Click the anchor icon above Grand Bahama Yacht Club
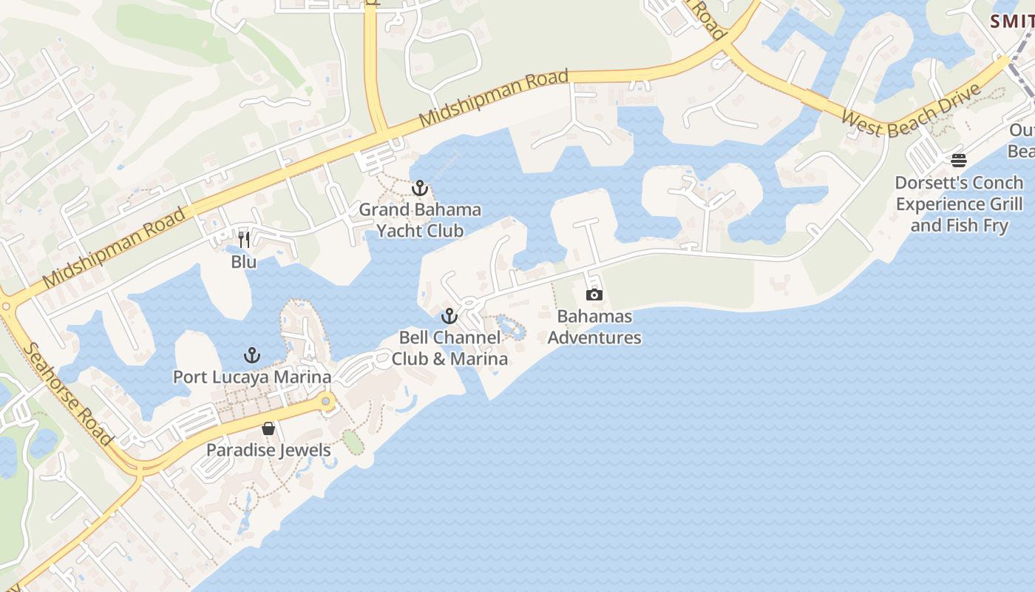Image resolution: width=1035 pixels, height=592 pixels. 420,188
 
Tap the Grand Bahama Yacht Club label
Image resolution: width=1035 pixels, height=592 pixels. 420,220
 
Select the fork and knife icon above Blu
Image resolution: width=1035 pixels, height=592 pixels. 244,239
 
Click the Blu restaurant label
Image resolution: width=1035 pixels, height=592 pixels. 244,261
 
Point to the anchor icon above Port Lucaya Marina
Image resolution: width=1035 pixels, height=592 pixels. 252,355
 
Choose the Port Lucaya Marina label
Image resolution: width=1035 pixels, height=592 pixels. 252,377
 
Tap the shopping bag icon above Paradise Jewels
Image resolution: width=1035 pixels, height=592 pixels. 268,428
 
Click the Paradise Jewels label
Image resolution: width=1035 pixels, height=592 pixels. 268,450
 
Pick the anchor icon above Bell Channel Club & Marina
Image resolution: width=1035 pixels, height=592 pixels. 449,317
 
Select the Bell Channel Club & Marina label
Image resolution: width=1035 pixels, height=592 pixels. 449,348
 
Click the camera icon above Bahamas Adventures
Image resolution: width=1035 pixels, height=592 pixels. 594,295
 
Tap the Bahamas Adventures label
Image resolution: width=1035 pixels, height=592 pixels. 594,327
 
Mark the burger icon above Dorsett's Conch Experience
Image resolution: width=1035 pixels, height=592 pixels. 959,161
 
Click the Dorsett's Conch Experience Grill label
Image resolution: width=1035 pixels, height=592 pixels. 959,203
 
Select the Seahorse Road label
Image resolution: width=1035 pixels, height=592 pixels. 68,393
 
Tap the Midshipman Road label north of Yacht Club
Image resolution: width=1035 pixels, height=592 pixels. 493,98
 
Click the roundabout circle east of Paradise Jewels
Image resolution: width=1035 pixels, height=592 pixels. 325,401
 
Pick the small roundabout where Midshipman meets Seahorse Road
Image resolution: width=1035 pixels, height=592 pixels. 6,306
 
